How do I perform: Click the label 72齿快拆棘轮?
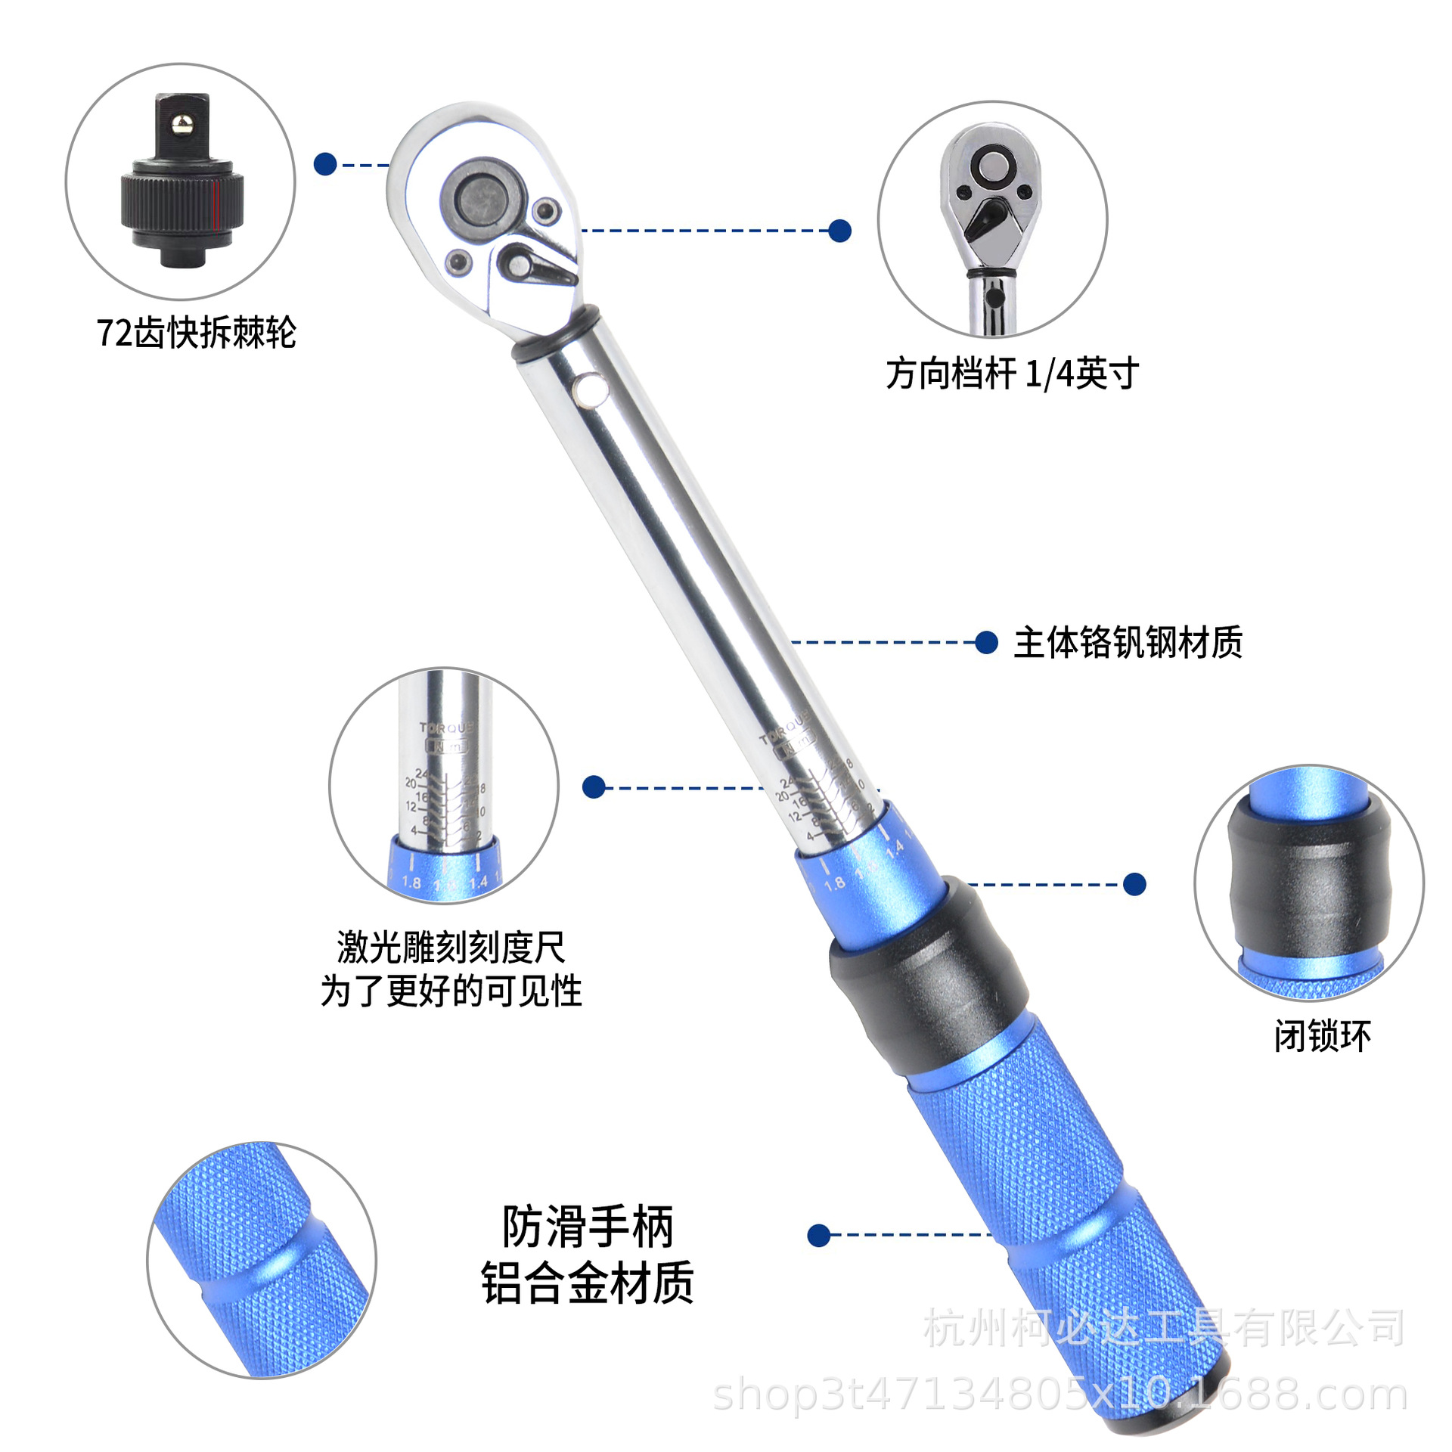tap(196, 333)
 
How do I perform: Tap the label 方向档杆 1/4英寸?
tap(1012, 374)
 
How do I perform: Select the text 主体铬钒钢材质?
tap(1128, 643)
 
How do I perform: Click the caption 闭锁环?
tap(1322, 1036)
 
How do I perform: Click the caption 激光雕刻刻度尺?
tap(451, 948)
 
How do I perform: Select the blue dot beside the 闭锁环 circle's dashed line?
tap(1134, 884)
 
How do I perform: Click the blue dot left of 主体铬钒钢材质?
tap(986, 643)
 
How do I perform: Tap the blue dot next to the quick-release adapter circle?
tap(325, 164)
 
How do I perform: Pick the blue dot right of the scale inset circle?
tap(594, 787)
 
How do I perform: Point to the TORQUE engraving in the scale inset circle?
tap(446, 728)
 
